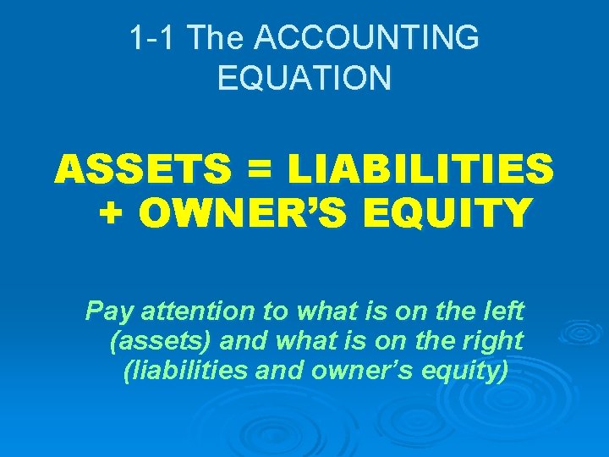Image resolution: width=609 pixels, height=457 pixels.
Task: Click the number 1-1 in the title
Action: coord(153,38)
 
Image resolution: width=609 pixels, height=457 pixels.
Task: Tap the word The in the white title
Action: coord(217,38)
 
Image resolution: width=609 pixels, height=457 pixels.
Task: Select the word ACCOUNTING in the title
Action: coord(366,38)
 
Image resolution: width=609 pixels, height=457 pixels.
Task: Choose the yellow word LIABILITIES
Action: coord(420,171)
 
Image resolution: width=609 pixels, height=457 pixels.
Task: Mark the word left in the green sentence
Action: coord(506,312)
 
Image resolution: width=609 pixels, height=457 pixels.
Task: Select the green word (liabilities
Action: coord(178,370)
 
